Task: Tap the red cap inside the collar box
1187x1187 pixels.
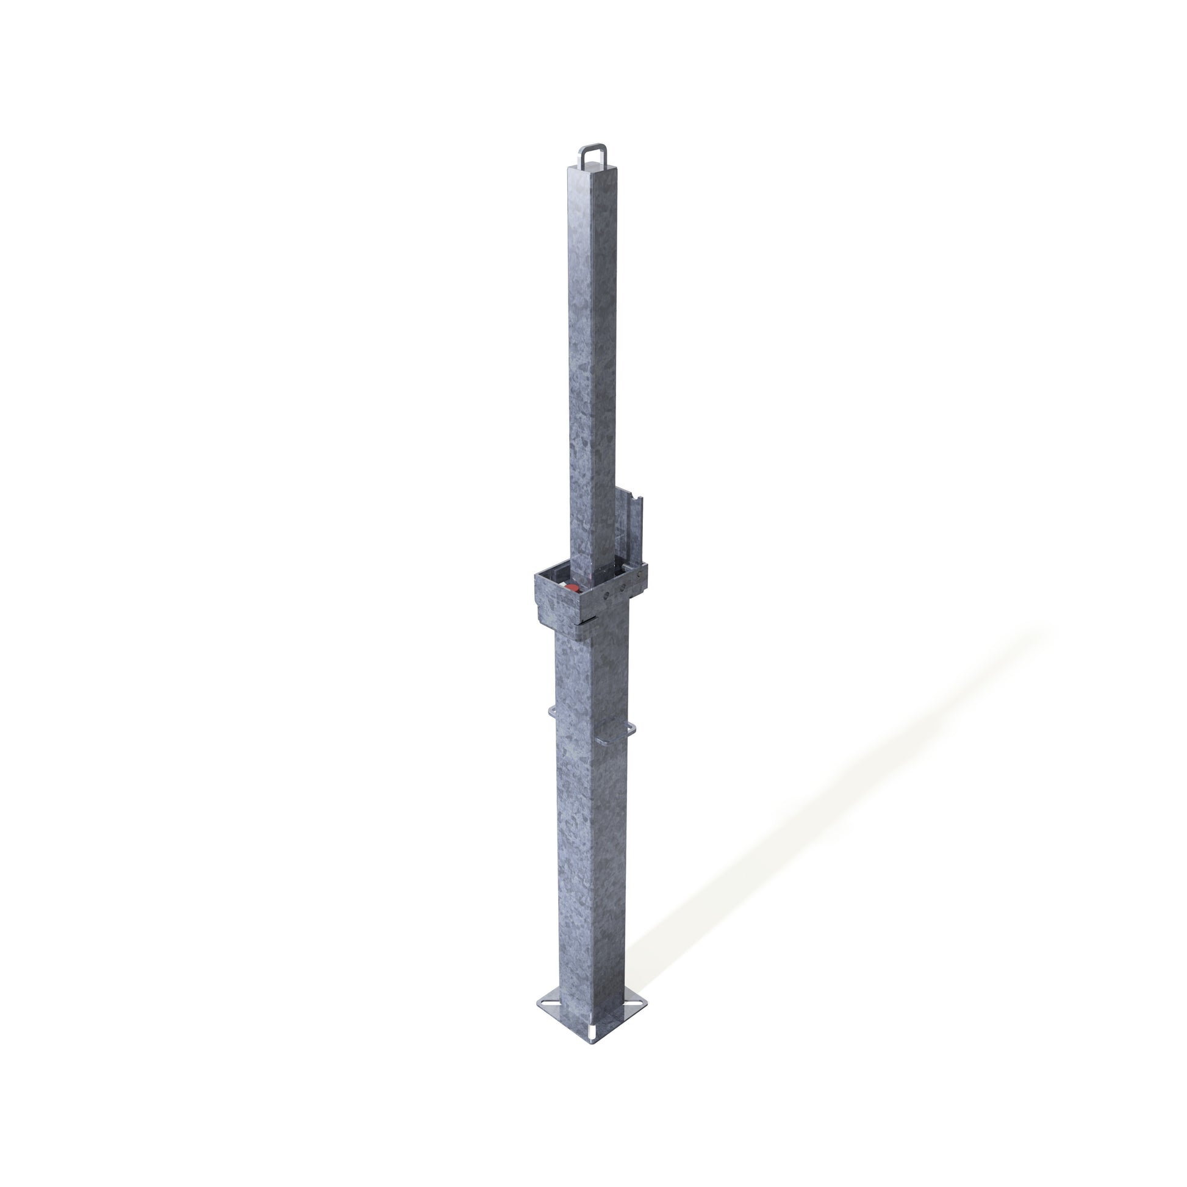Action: tap(572, 589)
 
